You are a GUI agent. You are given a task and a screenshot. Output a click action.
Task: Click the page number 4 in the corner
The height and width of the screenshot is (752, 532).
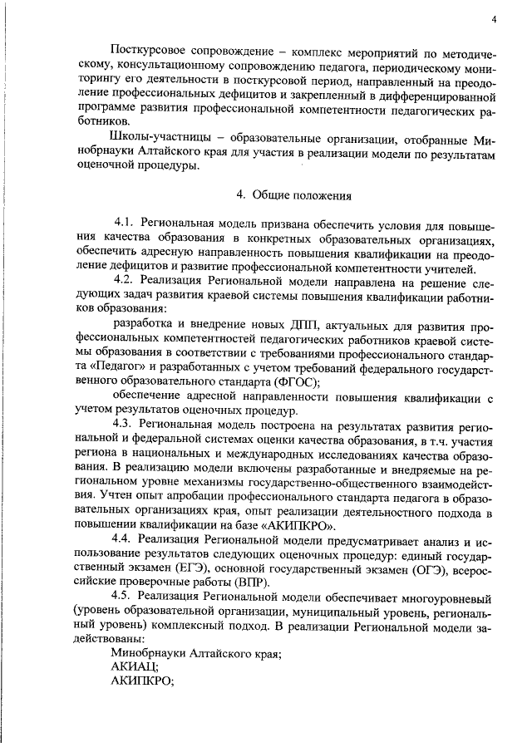click(x=494, y=19)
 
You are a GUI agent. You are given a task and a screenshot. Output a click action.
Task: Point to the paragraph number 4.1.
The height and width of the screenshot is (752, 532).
click(x=125, y=225)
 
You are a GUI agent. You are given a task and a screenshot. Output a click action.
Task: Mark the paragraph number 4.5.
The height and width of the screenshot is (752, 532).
click(x=125, y=597)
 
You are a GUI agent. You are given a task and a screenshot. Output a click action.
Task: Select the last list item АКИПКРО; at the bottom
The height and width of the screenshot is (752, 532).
click(x=141, y=682)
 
